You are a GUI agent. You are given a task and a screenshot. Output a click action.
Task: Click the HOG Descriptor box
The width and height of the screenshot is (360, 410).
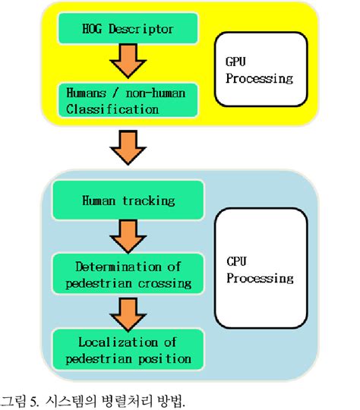128,31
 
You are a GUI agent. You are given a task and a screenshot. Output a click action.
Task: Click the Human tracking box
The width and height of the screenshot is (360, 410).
128,201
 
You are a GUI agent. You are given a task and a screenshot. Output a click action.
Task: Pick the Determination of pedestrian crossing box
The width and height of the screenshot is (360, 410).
128,274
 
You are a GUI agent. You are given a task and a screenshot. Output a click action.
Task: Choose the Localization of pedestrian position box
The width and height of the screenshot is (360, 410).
128,348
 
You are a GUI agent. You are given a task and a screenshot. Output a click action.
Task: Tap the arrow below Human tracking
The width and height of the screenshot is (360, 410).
127,236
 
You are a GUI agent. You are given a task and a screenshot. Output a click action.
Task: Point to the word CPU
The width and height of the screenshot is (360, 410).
237,261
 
